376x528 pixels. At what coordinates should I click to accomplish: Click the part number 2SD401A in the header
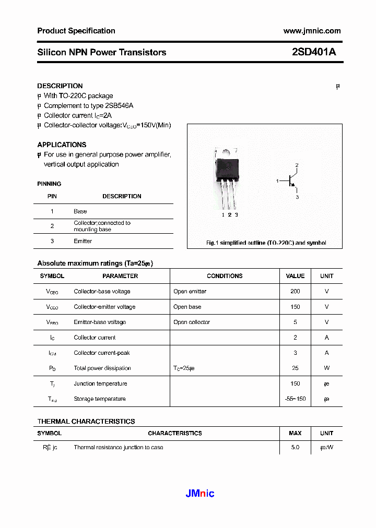tap(314, 52)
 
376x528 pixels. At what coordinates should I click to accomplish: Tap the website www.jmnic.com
tap(312, 31)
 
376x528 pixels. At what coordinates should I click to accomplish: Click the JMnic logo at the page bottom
tap(200, 494)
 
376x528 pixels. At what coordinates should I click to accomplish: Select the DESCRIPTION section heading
tap(60, 86)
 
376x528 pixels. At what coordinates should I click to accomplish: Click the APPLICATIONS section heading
tap(62, 145)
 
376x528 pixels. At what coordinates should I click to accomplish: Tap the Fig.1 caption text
tap(266, 243)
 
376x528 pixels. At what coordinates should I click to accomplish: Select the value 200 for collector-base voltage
tap(295, 291)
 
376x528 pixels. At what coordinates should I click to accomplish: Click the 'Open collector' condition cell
tap(192, 322)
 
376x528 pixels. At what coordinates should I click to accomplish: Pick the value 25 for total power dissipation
tap(295, 368)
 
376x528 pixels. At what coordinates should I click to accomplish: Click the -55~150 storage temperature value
tap(295, 399)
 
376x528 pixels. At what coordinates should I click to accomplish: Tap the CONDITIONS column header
tap(225, 276)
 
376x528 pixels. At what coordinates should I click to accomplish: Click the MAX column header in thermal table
tap(295, 433)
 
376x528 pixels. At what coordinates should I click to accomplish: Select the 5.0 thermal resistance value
tap(295, 447)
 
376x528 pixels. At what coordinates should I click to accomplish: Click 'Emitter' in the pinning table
tap(83, 241)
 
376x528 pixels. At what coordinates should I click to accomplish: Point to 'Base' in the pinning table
tap(80, 211)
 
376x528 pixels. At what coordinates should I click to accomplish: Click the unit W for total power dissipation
tap(326, 368)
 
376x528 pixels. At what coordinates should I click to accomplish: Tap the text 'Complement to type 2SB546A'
tap(88, 105)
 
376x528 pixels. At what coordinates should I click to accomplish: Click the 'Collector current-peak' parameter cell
tap(102, 353)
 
